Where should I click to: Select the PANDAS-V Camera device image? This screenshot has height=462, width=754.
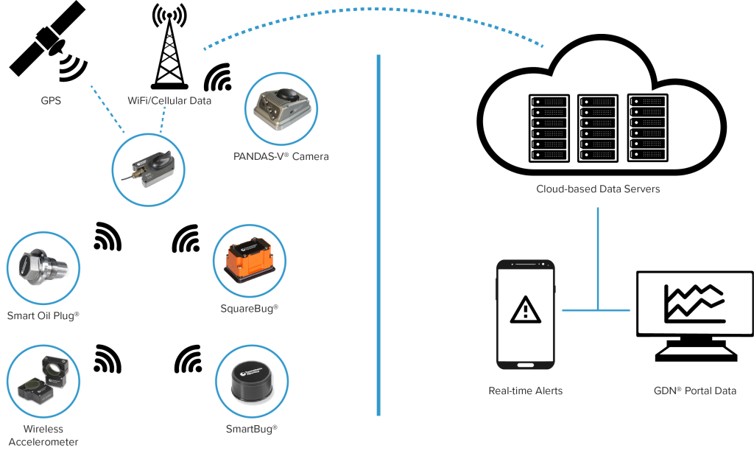(x=281, y=108)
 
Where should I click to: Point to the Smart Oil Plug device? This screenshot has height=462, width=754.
(x=43, y=267)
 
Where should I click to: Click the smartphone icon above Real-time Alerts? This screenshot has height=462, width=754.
(x=526, y=314)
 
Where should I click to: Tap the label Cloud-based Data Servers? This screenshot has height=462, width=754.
(x=598, y=189)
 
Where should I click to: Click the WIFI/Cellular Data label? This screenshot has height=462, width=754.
(x=170, y=100)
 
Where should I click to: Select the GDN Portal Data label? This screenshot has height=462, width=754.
(x=694, y=391)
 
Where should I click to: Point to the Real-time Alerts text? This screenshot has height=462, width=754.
(x=525, y=391)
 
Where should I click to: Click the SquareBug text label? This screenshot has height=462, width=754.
(x=250, y=308)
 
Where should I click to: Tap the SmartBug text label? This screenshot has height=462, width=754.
(x=251, y=428)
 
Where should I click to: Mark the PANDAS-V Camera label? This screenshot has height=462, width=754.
(x=281, y=156)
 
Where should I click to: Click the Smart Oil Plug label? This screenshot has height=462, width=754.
(x=43, y=315)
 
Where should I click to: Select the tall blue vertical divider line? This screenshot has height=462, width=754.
(x=378, y=236)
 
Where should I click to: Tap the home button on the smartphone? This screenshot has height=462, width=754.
(x=526, y=364)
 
